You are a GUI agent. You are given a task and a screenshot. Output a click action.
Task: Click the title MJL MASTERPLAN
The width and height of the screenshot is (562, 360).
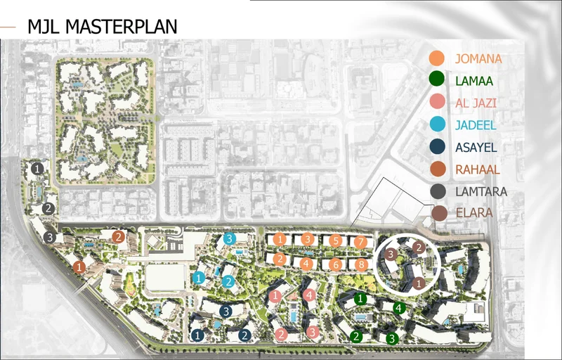[102, 27]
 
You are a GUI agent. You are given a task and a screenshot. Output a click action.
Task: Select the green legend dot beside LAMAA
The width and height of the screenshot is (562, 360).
[437, 80]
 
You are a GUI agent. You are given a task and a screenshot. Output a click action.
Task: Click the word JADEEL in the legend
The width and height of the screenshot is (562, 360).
[477, 126]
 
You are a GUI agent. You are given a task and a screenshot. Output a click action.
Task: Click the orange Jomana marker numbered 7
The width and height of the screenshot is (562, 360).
[360, 242]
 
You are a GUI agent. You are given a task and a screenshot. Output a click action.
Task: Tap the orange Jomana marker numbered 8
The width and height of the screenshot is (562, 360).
[361, 264]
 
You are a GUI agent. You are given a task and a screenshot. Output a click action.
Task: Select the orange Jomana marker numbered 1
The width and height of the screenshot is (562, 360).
[280, 240]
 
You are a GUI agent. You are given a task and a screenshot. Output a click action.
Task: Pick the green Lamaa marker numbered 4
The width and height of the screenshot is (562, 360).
[398, 307]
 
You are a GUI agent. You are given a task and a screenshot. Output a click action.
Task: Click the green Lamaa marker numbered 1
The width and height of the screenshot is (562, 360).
[360, 299]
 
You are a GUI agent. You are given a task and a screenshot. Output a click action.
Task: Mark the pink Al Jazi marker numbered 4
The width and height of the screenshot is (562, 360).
[310, 295]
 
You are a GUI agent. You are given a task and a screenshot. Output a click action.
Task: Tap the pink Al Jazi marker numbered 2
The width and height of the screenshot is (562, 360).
[282, 334]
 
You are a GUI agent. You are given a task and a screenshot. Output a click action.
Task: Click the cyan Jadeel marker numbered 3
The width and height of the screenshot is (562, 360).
[230, 239]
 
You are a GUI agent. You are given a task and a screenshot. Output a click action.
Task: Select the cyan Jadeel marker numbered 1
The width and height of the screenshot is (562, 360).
[200, 278]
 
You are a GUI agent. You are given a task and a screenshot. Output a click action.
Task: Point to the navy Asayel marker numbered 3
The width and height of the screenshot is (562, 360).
[226, 310]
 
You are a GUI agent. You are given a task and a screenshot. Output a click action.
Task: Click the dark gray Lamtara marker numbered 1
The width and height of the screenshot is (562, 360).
[38, 169]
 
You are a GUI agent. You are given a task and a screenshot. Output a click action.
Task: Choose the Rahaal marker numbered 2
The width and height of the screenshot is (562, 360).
[119, 237]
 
